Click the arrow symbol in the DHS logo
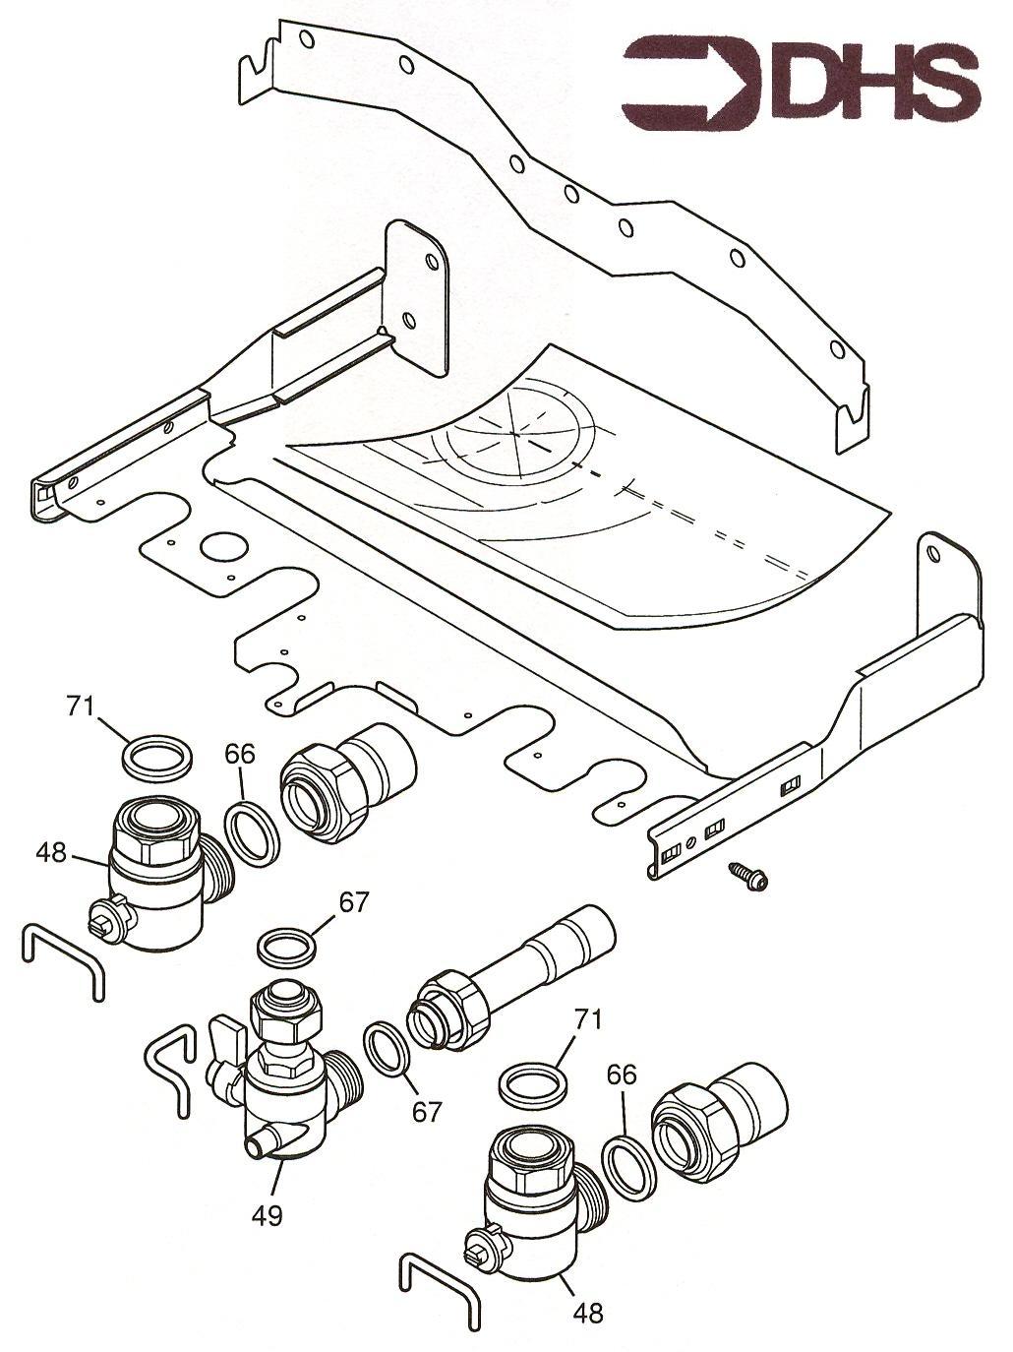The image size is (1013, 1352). (x=692, y=84)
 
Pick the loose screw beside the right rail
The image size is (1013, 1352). (x=748, y=877)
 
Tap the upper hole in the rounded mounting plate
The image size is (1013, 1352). (x=433, y=260)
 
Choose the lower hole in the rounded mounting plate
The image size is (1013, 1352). (x=408, y=321)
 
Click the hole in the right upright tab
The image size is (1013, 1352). (x=933, y=551)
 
